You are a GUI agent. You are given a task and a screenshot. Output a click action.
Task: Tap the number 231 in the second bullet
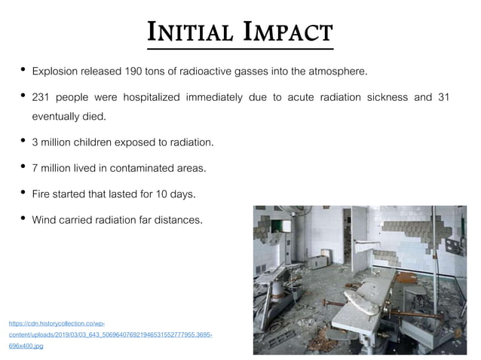pyautogui.click(x=41, y=97)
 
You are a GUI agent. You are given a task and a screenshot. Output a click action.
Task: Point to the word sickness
pyautogui.click(x=393, y=97)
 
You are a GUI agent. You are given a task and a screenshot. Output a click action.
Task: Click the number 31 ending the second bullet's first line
pyautogui.click(x=443, y=97)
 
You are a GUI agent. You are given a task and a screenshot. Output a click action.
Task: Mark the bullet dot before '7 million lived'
pyautogui.click(x=23, y=167)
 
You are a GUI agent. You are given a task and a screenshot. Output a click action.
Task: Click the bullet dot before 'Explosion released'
pyautogui.click(x=23, y=71)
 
